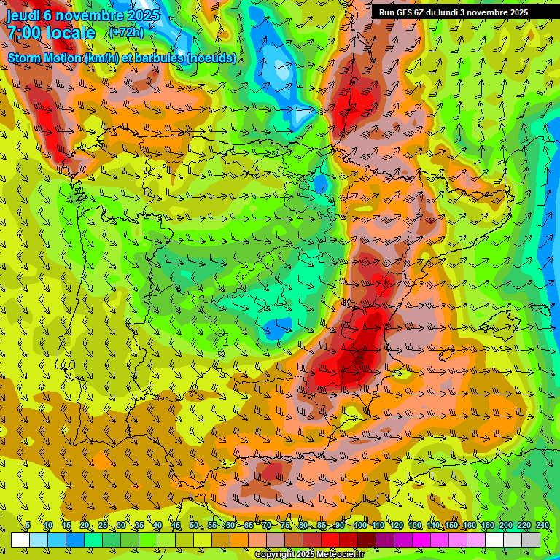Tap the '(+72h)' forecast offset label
(126, 33)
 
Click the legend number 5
(28, 526)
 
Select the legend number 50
(193, 526)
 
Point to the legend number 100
(360, 526)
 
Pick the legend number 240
(542, 526)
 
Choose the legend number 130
(415, 526)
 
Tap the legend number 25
(102, 526)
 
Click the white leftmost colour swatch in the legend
(20, 540)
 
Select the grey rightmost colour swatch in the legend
(531, 540)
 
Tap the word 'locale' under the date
(71, 33)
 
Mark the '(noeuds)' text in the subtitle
(211, 58)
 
